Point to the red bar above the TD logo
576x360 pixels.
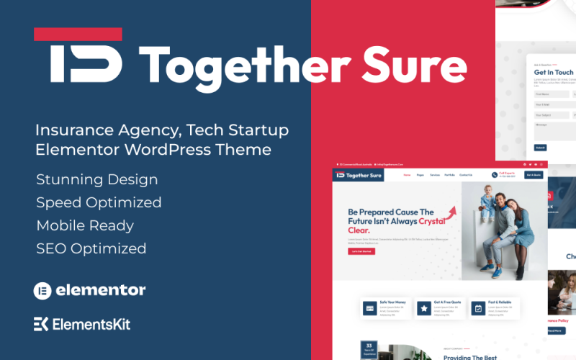[x=78, y=34]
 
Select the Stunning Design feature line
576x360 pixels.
[x=96, y=179]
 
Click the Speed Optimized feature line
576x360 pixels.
[x=99, y=202]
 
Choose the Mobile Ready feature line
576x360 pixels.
[x=85, y=225]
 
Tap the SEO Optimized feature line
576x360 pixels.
[x=91, y=248]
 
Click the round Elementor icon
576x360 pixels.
[x=42, y=291]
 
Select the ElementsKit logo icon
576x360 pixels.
[x=41, y=324]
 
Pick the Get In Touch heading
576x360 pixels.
[x=553, y=72]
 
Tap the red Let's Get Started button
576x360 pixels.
[x=361, y=251]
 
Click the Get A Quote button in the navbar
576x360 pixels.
[x=534, y=174]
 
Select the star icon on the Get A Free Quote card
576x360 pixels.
[x=423, y=308]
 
